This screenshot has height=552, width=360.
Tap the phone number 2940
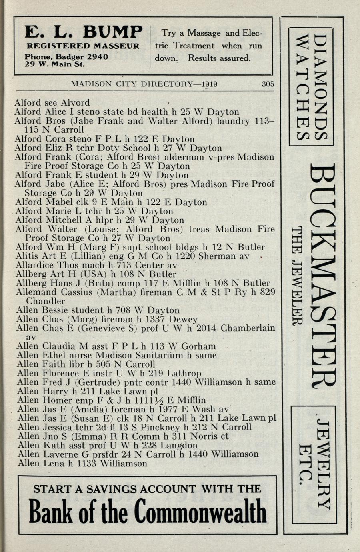[x=98, y=57]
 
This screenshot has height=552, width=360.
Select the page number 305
[x=268, y=84]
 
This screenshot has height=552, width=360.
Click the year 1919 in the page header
[x=210, y=84]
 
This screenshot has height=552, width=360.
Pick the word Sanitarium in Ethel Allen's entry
[x=162, y=355]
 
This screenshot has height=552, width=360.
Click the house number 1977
[x=175, y=409]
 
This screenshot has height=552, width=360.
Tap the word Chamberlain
[x=248, y=328]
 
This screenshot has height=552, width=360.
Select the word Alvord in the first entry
[x=76, y=103]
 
